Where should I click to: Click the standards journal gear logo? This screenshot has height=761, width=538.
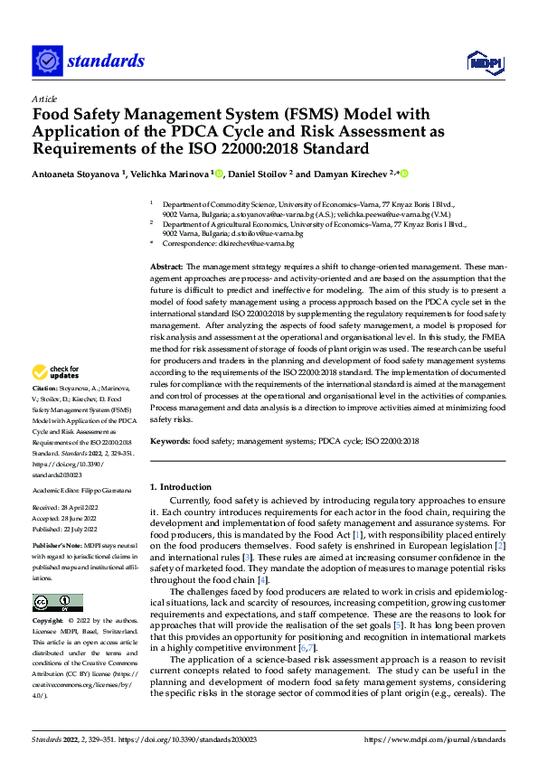tap(47, 61)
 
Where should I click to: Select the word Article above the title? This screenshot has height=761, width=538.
tap(44, 99)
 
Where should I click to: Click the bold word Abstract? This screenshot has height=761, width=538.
tap(165, 268)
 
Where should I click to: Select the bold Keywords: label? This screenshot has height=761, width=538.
tap(169, 441)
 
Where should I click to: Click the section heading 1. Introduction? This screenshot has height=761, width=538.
tap(181, 486)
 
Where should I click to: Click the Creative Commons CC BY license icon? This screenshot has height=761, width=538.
tap(57, 602)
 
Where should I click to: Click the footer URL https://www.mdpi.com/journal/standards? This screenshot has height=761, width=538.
tap(435, 739)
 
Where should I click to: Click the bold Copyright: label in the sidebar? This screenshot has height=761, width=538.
tap(49, 622)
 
